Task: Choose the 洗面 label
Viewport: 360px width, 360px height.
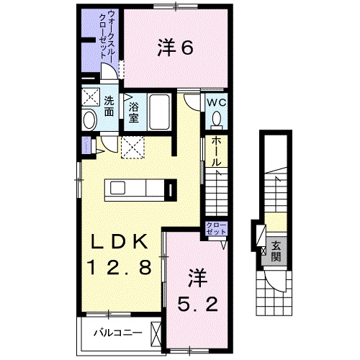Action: (108, 107)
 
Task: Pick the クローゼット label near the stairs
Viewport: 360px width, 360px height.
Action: (215, 230)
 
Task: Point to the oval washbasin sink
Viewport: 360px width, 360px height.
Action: (90, 121)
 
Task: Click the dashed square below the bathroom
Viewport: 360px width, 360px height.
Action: (132, 149)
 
